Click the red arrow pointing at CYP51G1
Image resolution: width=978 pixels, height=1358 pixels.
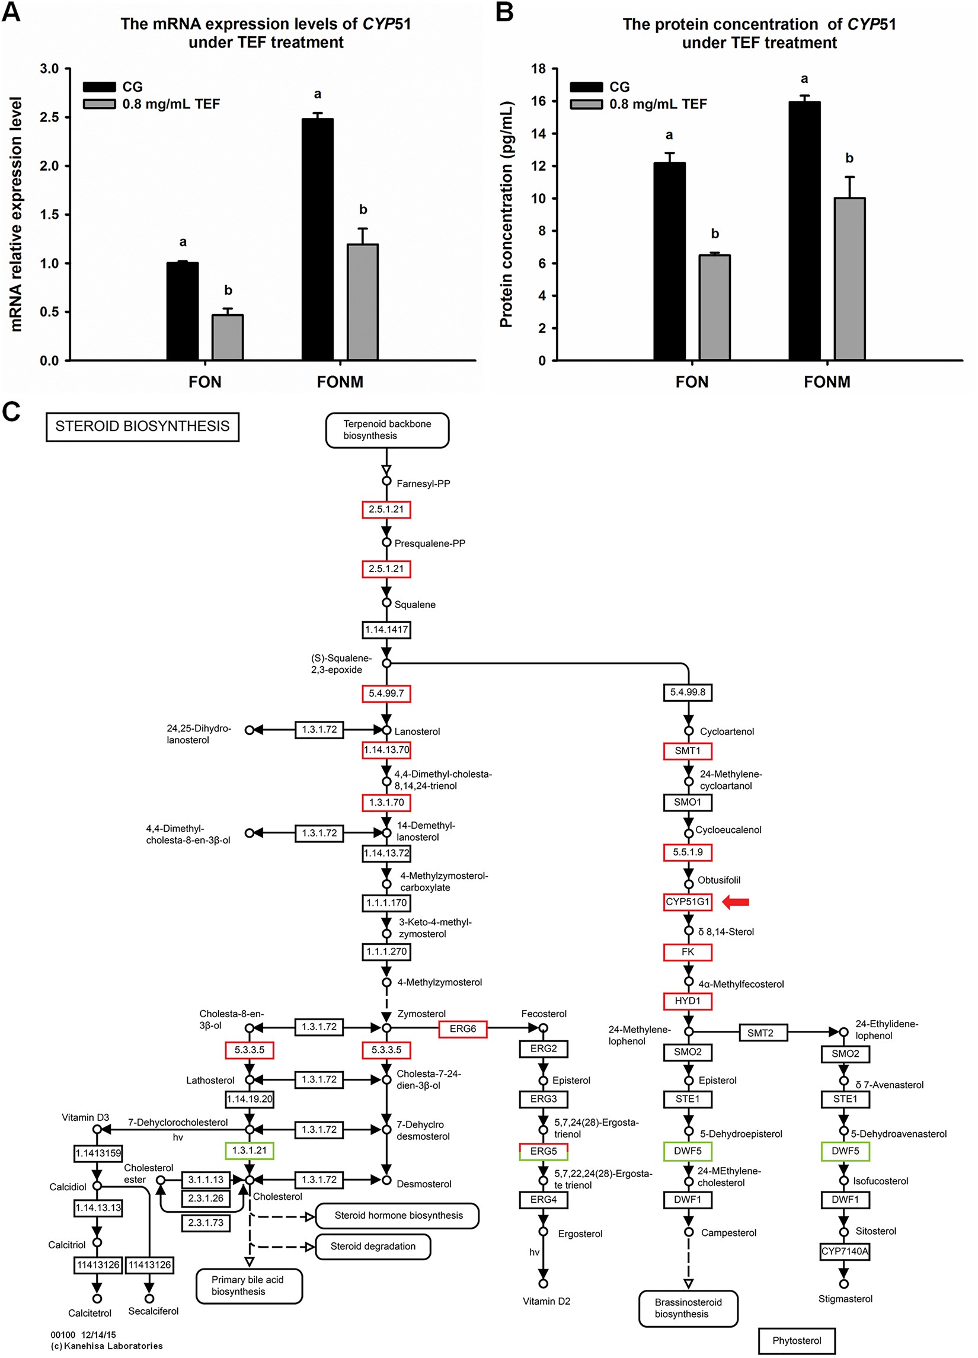pyautogui.click(x=736, y=902)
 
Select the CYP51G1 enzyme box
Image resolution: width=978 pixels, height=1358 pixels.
pyautogui.click(x=688, y=902)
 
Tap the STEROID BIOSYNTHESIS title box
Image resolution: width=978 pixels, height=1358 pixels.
pyautogui.click(x=142, y=426)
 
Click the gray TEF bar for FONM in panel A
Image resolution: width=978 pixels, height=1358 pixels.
pyautogui.click(x=362, y=302)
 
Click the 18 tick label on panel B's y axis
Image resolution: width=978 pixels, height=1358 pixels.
pyautogui.click(x=538, y=69)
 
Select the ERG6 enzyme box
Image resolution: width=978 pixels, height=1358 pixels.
pyautogui.click(x=462, y=1028)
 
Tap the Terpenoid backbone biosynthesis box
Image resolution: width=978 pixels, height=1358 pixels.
pyautogui.click(x=387, y=430)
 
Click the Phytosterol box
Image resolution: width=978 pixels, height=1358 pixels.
pyautogui.click(x=796, y=1341)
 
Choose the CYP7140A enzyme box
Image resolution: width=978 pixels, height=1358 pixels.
pyautogui.click(x=845, y=1251)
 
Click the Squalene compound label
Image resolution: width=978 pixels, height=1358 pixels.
pyautogui.click(x=414, y=605)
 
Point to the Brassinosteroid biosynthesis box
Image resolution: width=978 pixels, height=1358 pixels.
pyautogui.click(x=688, y=1308)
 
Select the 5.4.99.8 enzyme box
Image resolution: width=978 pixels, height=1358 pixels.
pyautogui.click(x=688, y=692)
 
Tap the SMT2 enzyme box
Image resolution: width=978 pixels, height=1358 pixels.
pyautogui.click(x=760, y=1033)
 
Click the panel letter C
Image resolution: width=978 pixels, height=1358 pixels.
pyautogui.click(x=11, y=412)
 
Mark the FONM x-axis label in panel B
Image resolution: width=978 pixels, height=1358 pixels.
pyautogui.click(x=826, y=382)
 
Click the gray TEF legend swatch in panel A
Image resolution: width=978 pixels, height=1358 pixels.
pyautogui.click(x=99, y=104)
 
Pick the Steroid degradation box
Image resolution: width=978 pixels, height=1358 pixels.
pyautogui.click(x=372, y=1247)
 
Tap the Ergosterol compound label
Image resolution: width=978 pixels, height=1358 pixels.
pyautogui.click(x=580, y=1234)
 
